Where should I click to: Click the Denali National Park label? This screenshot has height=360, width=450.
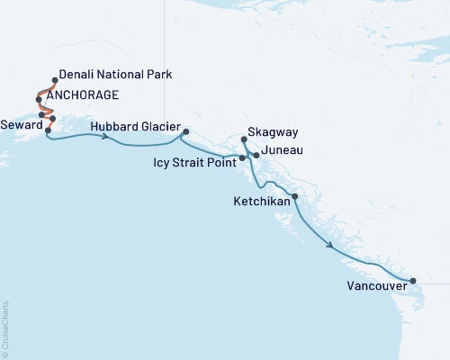[114, 74]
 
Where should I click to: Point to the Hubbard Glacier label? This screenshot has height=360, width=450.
[135, 126]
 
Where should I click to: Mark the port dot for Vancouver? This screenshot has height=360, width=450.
[413, 282]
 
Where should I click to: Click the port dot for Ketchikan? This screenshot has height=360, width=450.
[294, 196]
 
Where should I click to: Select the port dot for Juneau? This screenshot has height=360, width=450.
[256, 156]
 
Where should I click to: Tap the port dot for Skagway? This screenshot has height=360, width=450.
[245, 139]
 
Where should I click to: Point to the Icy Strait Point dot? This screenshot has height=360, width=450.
[242, 158]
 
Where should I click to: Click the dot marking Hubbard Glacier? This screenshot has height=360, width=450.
[185, 132]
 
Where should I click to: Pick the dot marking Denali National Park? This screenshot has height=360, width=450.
[56, 80]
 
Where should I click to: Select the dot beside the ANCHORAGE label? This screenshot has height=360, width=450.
[38, 99]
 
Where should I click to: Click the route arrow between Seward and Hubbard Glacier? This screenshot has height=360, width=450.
[106, 137]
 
